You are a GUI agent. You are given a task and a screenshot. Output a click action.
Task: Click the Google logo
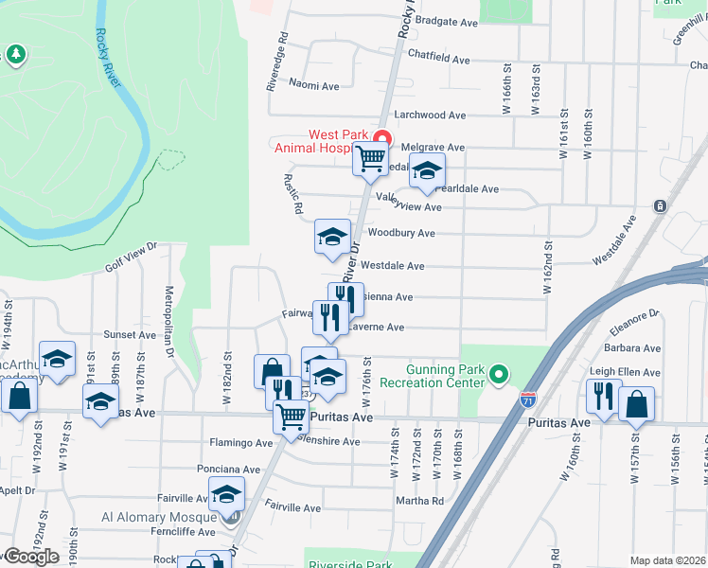pyautogui.click(x=30, y=557)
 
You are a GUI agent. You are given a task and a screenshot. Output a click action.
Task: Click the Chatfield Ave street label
pyautogui.click(x=438, y=59)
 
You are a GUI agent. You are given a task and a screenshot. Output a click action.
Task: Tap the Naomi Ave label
pyautogui.click(x=314, y=86)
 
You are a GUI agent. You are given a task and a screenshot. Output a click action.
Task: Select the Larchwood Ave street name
pyautogui.click(x=431, y=115)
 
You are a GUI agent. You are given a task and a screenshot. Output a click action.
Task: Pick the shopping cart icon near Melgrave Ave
pyautogui.click(x=370, y=158)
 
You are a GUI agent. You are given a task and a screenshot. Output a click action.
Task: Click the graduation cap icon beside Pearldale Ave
pyautogui.click(x=427, y=171)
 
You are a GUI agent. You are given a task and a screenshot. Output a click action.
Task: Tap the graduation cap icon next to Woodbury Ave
pyautogui.click(x=332, y=237)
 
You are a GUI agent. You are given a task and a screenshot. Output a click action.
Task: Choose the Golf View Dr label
pyautogui.click(x=131, y=257)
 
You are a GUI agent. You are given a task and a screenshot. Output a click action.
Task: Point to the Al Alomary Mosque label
pyautogui.click(x=161, y=517)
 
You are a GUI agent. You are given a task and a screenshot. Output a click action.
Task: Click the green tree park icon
pyautogui.click(x=15, y=56)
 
